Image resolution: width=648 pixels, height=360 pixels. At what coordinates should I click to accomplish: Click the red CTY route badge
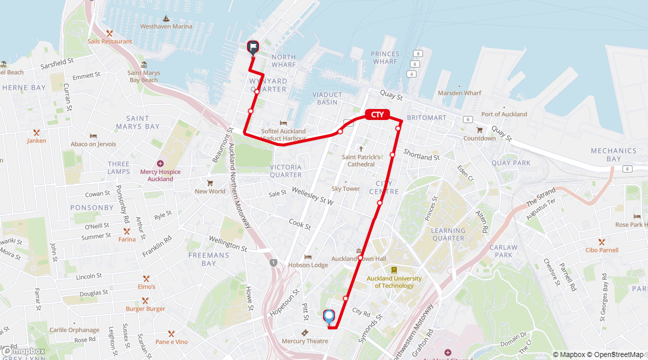click(377, 115)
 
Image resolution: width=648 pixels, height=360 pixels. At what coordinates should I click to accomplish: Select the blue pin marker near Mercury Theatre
click(328, 316)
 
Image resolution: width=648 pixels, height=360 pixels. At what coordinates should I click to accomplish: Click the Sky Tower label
click(345, 188)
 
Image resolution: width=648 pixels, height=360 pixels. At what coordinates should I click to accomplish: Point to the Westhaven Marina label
click(166, 26)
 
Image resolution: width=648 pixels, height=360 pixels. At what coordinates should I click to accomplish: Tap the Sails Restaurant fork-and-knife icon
click(109, 33)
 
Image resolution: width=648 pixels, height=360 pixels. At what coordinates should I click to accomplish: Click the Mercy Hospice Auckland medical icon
click(160, 163)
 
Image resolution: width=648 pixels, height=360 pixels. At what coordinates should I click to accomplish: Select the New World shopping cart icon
click(210, 183)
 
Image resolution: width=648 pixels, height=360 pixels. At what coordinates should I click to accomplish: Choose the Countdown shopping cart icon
click(479, 130)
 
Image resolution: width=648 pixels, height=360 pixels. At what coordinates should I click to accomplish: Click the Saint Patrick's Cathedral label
click(361, 160)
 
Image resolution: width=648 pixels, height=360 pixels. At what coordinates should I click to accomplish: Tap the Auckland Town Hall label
click(359, 258)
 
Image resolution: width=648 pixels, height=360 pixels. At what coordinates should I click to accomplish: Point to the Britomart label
click(426, 118)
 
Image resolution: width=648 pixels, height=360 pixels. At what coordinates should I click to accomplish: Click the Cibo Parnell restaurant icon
click(601, 241)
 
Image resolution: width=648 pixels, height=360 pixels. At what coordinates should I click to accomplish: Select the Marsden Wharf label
click(459, 93)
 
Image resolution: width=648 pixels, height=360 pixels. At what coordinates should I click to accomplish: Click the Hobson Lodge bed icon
click(308, 256)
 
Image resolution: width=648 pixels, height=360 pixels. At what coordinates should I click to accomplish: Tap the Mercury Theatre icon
click(304, 333)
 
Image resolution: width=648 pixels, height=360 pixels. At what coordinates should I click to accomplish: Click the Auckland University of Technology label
click(394, 282)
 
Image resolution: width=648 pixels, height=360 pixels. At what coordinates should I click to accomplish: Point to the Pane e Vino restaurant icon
click(171, 333)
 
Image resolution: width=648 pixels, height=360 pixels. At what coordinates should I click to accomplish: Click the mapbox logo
click(24, 351)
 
